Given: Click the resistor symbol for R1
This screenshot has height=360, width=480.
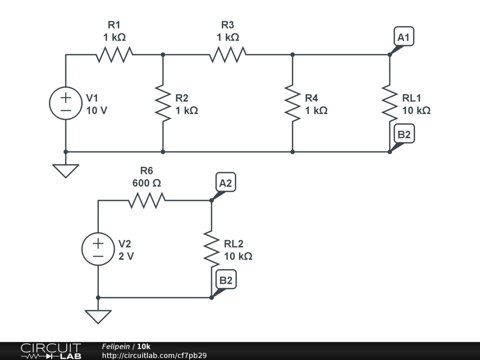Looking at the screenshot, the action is [114, 54].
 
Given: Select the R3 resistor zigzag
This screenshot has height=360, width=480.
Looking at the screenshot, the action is [228, 54].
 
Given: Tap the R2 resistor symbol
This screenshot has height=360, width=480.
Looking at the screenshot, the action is [163, 103].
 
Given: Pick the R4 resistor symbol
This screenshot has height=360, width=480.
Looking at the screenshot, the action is [292, 103].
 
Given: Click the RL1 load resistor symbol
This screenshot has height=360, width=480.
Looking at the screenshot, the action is [390, 103].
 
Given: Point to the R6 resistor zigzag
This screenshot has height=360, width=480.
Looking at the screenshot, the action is [147, 201].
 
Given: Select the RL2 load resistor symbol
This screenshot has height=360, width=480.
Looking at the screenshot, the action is [211, 249].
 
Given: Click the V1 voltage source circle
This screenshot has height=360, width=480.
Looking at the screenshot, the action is [66, 103].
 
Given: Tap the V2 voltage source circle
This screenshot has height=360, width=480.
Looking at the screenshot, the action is [98, 249].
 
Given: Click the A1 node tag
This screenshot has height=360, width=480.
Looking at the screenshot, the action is [404, 37].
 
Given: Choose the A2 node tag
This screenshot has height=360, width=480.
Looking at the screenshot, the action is [225, 182].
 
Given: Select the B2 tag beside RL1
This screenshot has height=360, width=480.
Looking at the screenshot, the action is [404, 134].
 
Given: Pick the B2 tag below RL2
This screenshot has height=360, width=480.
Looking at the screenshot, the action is [226, 279].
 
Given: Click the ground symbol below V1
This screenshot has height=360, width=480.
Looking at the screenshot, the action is [66, 171].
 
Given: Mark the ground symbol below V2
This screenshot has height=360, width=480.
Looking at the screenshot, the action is [98, 317].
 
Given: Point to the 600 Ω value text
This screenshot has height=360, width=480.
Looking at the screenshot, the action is [147, 183].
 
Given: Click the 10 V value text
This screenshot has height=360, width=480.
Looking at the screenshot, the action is [97, 110].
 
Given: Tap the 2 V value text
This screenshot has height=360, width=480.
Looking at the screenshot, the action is [126, 256].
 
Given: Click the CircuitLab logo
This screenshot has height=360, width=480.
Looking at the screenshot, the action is [51, 351].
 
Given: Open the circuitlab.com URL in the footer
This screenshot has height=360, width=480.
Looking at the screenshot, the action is [154, 355].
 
